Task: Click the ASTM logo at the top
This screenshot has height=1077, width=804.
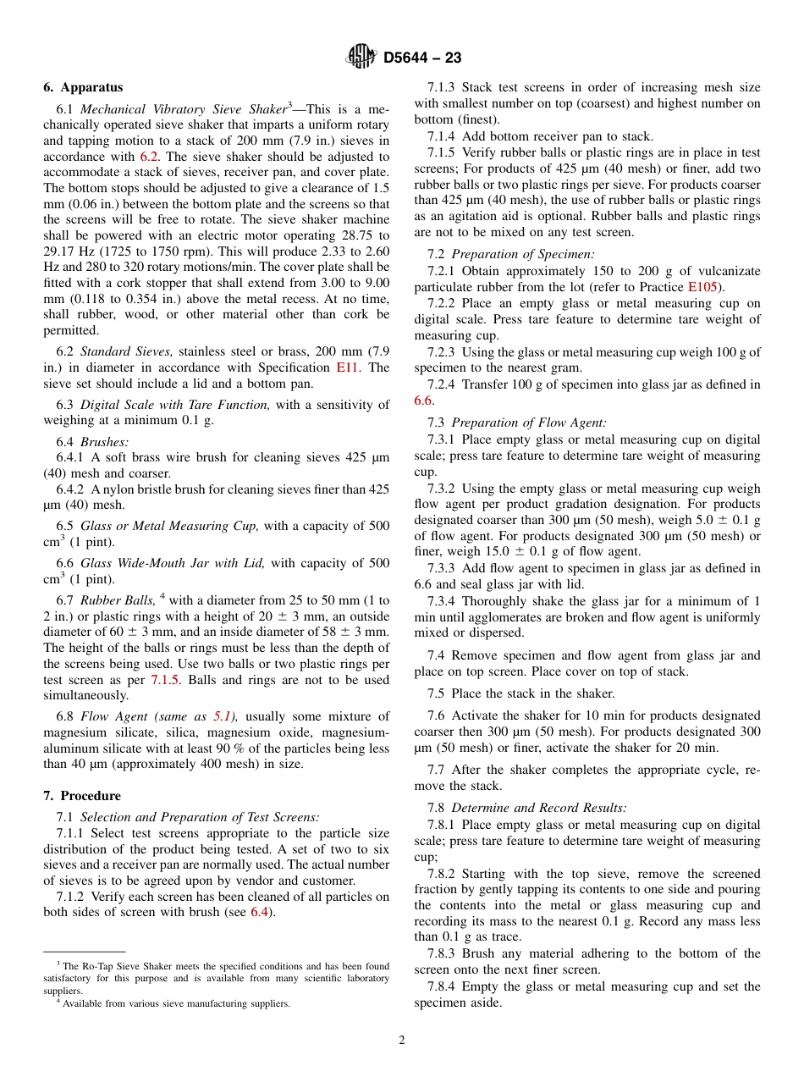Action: (x=361, y=58)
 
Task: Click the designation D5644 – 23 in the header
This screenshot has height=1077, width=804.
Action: (x=422, y=58)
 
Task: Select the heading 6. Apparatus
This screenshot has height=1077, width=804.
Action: (x=83, y=87)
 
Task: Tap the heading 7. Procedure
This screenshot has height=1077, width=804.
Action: (x=82, y=796)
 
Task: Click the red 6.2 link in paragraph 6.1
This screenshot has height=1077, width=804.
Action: (x=149, y=157)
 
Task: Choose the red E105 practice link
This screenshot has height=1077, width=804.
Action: (x=702, y=287)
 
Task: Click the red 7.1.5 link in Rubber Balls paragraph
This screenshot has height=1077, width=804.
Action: (x=166, y=680)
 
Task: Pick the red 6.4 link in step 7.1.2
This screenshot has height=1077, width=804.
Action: (x=260, y=912)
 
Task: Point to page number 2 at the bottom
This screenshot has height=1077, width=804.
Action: (x=402, y=1041)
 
